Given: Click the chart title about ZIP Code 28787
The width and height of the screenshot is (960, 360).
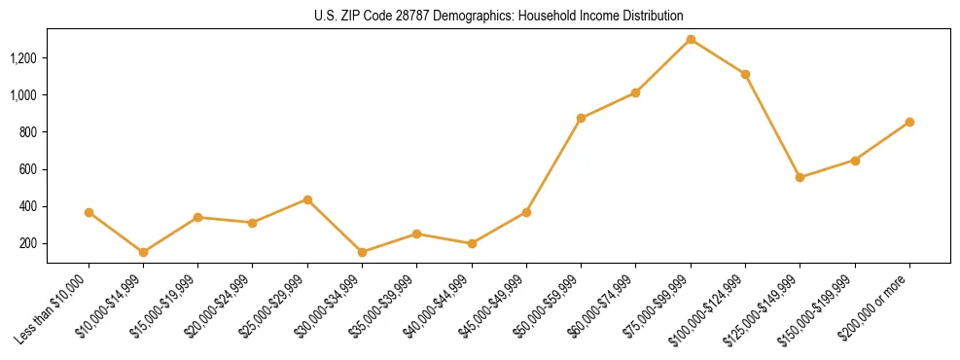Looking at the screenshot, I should (498, 16).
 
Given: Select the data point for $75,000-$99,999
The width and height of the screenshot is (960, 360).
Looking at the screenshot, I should (691, 40).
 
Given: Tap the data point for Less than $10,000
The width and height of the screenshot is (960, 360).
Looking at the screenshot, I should (89, 212).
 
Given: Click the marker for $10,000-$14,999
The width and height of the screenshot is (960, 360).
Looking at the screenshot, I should (143, 252).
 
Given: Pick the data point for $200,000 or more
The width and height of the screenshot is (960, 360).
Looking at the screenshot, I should (909, 122).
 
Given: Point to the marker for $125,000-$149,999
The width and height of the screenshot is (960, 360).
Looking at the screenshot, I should (800, 177).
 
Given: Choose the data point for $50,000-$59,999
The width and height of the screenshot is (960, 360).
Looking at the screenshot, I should (581, 118).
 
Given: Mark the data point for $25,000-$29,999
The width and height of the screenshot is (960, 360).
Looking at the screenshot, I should (307, 199).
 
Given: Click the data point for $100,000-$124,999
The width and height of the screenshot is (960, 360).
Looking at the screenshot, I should (745, 74).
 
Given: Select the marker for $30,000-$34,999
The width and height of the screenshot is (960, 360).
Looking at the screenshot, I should (362, 252).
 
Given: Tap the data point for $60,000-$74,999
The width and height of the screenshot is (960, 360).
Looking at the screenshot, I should (635, 92).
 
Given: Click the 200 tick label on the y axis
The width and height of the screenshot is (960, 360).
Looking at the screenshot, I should (30, 243).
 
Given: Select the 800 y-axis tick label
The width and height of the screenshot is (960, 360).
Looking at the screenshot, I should (30, 132).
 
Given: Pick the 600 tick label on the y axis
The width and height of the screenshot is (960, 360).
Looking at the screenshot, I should (30, 169).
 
